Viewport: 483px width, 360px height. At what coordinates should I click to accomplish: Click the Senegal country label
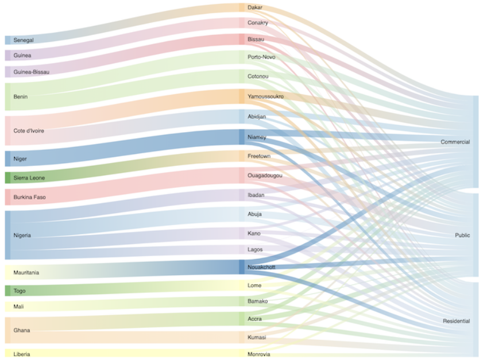click(24, 40)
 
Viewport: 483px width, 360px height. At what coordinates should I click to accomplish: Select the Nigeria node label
click(22, 235)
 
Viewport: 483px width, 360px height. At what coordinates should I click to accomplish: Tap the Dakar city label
click(255, 7)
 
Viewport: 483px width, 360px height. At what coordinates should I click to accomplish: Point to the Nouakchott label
click(261, 267)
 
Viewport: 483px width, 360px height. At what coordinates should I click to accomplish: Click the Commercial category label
click(455, 142)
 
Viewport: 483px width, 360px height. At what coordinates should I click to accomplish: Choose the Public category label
click(462, 235)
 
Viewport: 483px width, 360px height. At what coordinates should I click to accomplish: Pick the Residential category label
click(456, 321)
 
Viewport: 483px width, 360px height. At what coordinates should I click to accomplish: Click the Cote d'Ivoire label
click(29, 131)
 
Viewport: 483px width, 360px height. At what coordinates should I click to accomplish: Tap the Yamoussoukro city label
click(265, 96)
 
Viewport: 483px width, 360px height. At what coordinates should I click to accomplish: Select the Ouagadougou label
click(265, 175)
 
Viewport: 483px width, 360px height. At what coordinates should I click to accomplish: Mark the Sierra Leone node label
click(29, 178)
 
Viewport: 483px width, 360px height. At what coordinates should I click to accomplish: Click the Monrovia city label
click(258, 354)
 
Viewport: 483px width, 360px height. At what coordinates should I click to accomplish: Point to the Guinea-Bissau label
click(32, 72)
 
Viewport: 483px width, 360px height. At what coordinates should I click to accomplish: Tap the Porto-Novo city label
click(261, 57)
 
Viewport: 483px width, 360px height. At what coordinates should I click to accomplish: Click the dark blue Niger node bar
click(8, 158)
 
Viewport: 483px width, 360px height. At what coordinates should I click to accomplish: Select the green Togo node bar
click(8, 291)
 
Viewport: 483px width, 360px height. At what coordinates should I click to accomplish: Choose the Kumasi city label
click(257, 337)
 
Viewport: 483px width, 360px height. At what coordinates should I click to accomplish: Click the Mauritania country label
click(26, 272)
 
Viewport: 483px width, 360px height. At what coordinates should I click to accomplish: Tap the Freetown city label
click(259, 156)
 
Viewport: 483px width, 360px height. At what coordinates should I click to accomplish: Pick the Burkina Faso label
click(30, 198)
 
